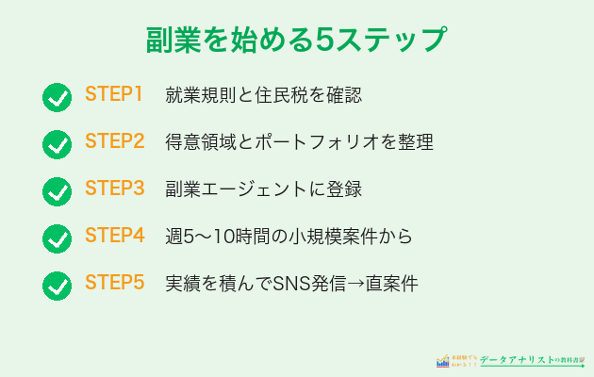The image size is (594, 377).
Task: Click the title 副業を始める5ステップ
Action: (296, 41)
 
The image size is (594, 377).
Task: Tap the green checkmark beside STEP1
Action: (58, 97)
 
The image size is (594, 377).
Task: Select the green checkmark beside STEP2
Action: (58, 144)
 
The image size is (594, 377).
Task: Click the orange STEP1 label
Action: (114, 94)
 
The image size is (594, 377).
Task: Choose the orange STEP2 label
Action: (114, 141)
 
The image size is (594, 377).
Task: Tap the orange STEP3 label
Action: (114, 188)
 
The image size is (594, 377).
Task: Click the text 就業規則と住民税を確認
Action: (263, 95)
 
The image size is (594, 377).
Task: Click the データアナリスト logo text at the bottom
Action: (524, 360)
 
